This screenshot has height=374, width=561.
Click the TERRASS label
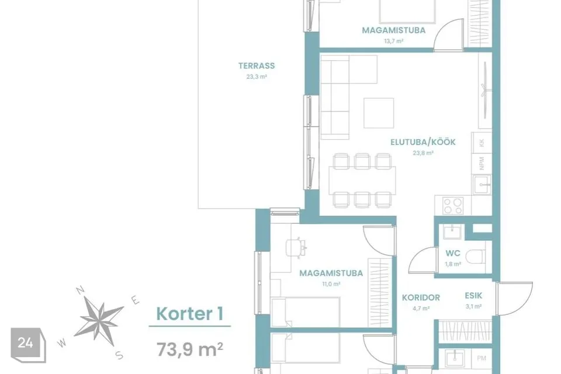point(257,66)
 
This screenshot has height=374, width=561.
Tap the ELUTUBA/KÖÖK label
point(423,142)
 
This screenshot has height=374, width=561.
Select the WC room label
point(452,254)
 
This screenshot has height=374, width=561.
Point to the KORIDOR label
point(421,298)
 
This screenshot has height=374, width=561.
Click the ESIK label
point(473,296)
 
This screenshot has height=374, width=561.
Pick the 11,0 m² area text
point(331,284)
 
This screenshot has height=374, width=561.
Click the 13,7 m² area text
point(393,41)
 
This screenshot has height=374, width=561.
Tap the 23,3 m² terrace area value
point(257,77)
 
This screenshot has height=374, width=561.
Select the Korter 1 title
point(190,314)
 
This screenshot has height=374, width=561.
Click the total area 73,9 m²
point(190,349)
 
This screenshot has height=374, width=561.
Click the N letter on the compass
point(81,290)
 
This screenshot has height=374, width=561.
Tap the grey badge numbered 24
point(28,345)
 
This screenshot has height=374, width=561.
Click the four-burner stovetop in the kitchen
point(452,206)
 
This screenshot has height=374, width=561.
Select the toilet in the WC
point(476,257)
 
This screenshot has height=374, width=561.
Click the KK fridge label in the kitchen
point(482,143)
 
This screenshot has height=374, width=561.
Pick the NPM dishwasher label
point(482,163)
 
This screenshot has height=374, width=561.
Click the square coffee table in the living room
point(379,113)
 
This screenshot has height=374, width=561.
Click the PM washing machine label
point(481,358)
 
